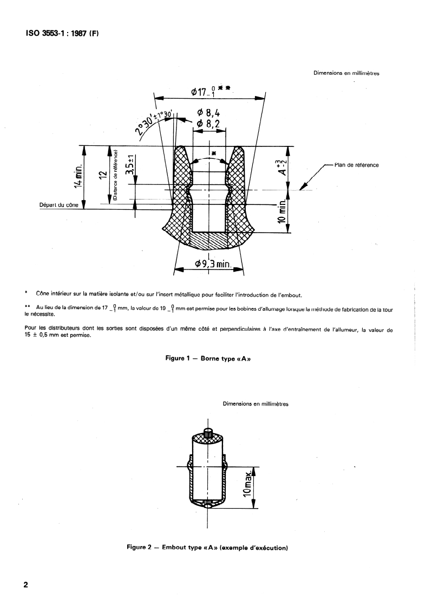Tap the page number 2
pos(25,586)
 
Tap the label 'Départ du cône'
pos(59,206)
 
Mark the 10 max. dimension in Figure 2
pos(248,486)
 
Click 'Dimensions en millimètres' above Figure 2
pos(256,404)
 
